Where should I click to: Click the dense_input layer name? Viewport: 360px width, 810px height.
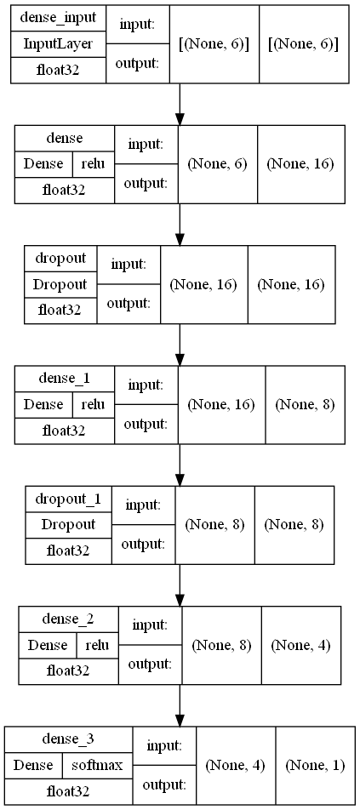coord(59,19)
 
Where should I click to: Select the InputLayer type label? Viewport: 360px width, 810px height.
coord(59,44)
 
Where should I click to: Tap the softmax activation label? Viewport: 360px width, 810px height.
coord(97,765)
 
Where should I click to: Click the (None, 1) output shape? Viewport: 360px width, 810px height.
coord(315,766)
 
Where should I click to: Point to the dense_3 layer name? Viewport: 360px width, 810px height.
coord(68,739)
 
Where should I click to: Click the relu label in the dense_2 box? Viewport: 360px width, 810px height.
coord(97,645)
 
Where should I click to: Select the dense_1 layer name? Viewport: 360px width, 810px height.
coord(64,378)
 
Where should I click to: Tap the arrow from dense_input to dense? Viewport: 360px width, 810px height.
coord(180,104)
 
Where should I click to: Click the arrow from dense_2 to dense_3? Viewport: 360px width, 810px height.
coord(180,705)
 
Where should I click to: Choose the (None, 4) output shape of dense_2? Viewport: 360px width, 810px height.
coord(301,646)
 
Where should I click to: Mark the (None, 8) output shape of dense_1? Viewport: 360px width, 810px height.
coord(306,405)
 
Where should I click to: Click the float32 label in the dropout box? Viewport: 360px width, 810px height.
coord(60,311)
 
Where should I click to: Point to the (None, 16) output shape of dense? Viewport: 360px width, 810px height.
coord(300,164)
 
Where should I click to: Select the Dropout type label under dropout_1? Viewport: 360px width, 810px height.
coord(68,525)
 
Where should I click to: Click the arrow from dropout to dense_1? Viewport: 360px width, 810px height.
coord(180,345)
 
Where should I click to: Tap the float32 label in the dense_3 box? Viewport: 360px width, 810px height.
coord(68,791)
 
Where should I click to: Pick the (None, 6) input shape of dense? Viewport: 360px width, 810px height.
coord(217,164)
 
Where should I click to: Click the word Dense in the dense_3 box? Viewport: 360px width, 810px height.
coord(33,765)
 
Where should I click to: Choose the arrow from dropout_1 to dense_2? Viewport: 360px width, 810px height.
coord(180,585)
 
